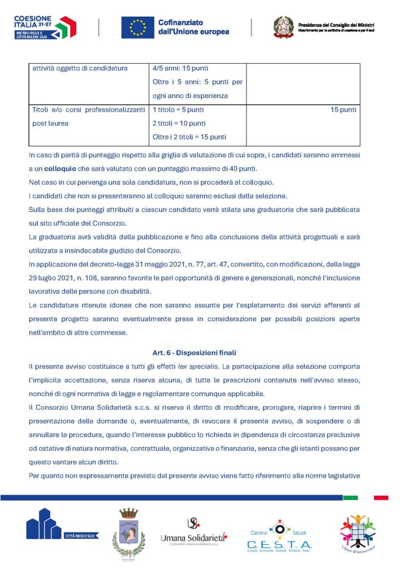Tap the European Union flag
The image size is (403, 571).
pos(138,27)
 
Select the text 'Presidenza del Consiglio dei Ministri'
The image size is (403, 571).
pos(336,25)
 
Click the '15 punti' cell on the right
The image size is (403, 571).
pos(343,110)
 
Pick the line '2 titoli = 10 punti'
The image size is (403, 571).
pos(179,123)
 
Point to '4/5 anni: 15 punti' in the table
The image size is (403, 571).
pos(181,69)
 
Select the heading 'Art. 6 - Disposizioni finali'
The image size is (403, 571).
pos(194,352)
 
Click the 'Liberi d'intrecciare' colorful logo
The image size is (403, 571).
pos(357,533)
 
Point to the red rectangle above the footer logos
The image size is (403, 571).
pos(381,497)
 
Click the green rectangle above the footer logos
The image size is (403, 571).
pos(350,497)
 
